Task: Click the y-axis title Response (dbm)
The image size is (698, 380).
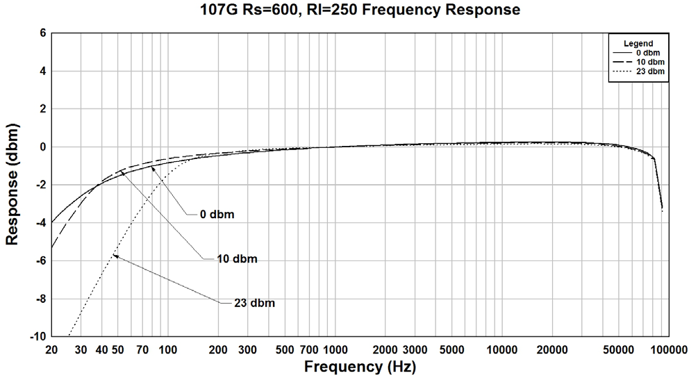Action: [x=12, y=184]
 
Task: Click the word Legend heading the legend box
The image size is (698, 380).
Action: [x=638, y=43]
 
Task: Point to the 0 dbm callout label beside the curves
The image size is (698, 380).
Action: [x=217, y=214]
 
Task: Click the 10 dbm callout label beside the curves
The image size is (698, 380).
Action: [x=237, y=259]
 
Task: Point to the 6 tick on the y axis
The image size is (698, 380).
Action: [x=42, y=33]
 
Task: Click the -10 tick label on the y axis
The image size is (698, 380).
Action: [x=38, y=336]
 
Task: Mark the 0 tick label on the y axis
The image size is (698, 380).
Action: [x=42, y=147]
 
